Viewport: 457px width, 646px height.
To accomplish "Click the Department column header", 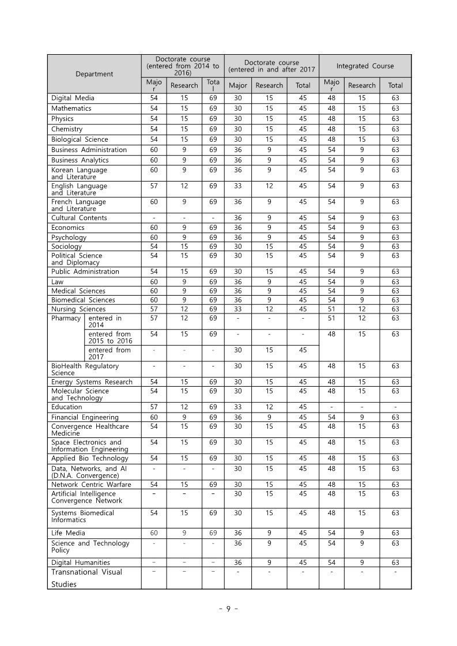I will tap(94, 74).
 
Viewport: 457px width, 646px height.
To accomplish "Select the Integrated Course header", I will tap(365, 66).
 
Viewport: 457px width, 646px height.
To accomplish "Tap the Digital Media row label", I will tap(73, 98).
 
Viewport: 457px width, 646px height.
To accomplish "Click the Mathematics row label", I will tap(71, 108).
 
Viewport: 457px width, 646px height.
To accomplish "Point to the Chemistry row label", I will tap(67, 129).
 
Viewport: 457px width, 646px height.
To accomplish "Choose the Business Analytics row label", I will tap(80, 160).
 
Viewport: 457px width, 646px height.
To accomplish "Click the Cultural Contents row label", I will tap(79, 218).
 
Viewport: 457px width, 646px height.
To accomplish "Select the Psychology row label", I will tap(69, 237).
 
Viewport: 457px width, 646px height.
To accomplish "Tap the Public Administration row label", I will tap(85, 271).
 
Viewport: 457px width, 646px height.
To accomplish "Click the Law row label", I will tap(58, 282).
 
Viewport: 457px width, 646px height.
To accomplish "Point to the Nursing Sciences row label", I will tap(78, 309).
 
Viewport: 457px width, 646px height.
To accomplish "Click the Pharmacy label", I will tap(66, 318).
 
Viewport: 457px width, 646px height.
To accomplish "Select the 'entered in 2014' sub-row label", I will tap(105, 322).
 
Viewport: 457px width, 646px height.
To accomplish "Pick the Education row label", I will tap(67, 407).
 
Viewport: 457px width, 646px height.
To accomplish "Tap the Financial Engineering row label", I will tap(85, 417).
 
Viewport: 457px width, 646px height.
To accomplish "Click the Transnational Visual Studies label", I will tap(86, 578).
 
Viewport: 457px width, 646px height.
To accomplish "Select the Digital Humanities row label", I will tap(80, 562).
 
